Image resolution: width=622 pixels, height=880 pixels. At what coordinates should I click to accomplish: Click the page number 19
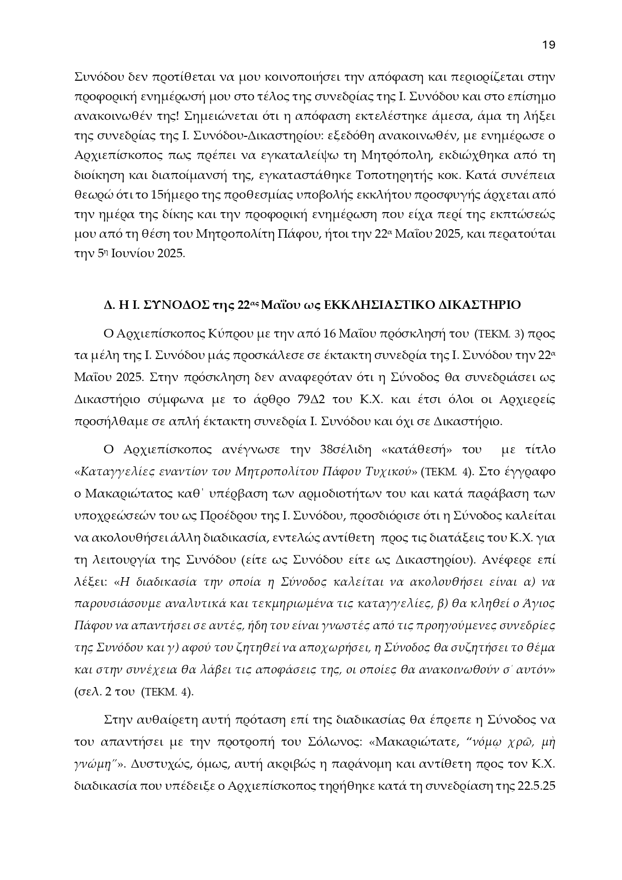(x=549, y=45)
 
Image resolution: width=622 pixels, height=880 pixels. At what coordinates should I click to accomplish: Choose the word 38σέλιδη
(x=342, y=449)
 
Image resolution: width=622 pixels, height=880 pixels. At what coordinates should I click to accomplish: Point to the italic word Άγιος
(x=539, y=603)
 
